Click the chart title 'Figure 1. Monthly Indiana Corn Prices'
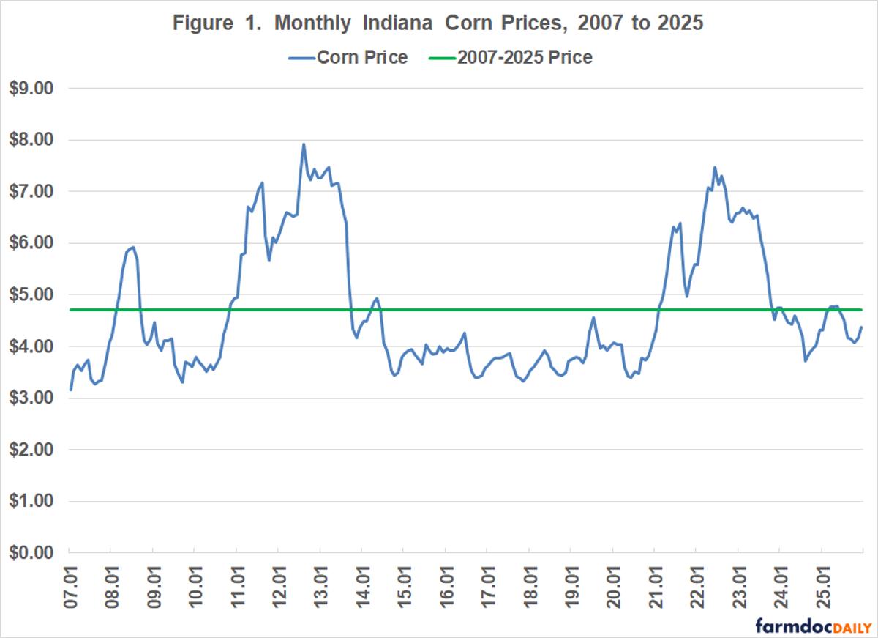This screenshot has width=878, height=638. tap(438, 23)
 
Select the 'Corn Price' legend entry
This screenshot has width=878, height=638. tap(361, 57)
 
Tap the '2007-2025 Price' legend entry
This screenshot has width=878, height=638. tap(524, 57)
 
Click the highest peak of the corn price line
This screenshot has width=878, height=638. tap(303, 144)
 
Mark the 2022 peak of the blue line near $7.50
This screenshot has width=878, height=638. tap(715, 167)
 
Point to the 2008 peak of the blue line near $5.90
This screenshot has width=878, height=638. tap(132, 248)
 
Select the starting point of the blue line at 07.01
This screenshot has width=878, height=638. tap(70, 390)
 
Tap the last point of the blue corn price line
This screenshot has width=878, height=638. tap(861, 327)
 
